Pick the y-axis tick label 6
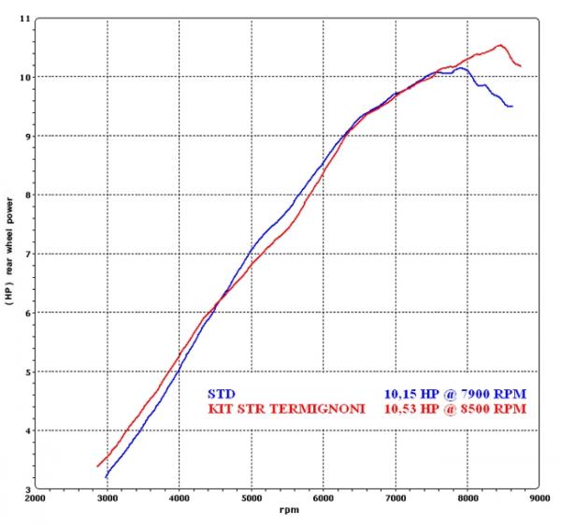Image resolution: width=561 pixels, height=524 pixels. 25,313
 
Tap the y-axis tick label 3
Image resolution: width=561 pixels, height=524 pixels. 25,489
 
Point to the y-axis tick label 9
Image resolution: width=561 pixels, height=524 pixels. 25,136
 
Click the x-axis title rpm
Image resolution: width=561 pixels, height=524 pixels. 289,511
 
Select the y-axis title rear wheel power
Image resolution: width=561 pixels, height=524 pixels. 9,253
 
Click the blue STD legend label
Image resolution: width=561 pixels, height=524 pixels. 216,393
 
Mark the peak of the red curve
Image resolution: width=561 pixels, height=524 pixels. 501,45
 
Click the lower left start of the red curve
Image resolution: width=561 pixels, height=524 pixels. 97,466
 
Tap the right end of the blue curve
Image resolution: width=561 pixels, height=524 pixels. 512,106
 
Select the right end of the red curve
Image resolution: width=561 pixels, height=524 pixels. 521,65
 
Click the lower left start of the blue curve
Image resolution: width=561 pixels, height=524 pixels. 106,477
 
